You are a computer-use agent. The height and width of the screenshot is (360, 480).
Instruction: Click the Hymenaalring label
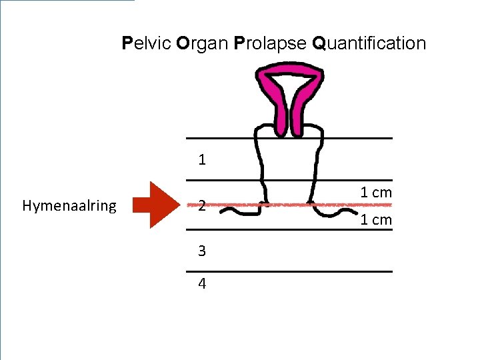click(69, 206)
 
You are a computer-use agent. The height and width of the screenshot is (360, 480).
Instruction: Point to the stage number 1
click(202, 160)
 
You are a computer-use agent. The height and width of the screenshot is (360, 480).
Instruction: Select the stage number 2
click(201, 206)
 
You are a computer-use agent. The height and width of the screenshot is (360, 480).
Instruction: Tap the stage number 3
click(202, 251)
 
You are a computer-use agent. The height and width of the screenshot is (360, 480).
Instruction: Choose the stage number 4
click(202, 284)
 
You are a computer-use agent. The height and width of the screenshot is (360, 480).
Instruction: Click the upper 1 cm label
click(376, 193)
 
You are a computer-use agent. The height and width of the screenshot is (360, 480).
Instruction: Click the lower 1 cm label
click(376, 220)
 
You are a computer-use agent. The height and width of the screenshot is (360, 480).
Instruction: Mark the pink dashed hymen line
click(287, 205)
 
